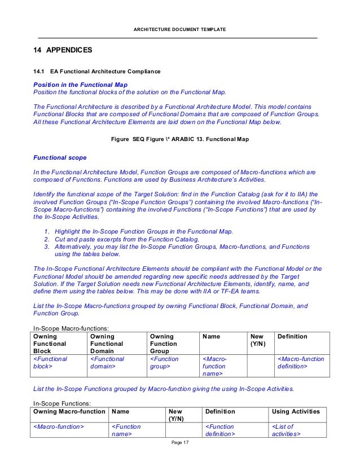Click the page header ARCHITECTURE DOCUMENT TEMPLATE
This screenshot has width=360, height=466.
(179, 29)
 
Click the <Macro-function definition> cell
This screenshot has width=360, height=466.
(300, 362)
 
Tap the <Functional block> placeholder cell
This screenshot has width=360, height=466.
(50, 362)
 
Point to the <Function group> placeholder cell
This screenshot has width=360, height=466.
(164, 362)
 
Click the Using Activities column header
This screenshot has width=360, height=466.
(296, 412)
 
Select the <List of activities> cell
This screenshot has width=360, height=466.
(287, 430)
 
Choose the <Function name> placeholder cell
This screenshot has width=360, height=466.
(126, 430)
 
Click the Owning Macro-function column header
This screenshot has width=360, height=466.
(69, 412)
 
